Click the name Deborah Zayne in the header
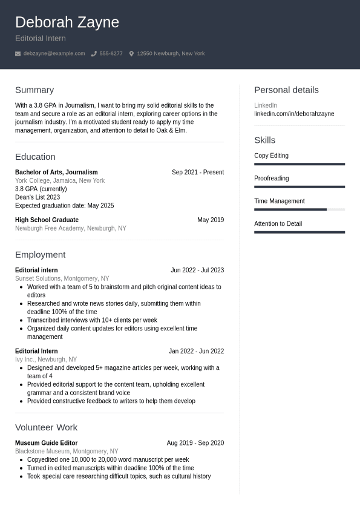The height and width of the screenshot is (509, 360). pos(67,22)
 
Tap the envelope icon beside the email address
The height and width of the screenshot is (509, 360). pos(18,54)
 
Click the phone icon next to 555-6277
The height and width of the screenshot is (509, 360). pos(94,54)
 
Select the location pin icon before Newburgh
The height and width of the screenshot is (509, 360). pos(131,54)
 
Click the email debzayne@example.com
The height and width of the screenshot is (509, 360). pos(54,54)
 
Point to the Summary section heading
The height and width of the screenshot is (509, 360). pos(34,90)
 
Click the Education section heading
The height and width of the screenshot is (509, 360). pos(35,156)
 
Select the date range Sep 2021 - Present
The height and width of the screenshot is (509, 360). pos(197,172)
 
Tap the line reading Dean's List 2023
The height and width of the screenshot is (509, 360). pos(38,197)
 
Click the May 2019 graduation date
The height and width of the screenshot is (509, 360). pos(210,220)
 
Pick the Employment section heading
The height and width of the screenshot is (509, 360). pos(40,254)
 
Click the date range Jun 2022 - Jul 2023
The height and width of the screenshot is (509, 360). pos(197,271)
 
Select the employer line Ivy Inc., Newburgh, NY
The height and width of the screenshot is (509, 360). pos(46,360)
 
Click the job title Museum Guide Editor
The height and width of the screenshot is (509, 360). pos(46,443)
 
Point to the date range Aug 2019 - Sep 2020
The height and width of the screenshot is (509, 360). pos(195,443)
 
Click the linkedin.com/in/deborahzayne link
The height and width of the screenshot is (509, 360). pos(294,114)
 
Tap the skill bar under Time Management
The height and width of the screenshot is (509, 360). pos(299,209)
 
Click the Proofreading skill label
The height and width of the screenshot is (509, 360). pos(271,179)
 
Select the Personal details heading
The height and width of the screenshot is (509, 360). pos(286,90)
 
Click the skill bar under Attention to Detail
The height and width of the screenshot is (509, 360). pos(299,232)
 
